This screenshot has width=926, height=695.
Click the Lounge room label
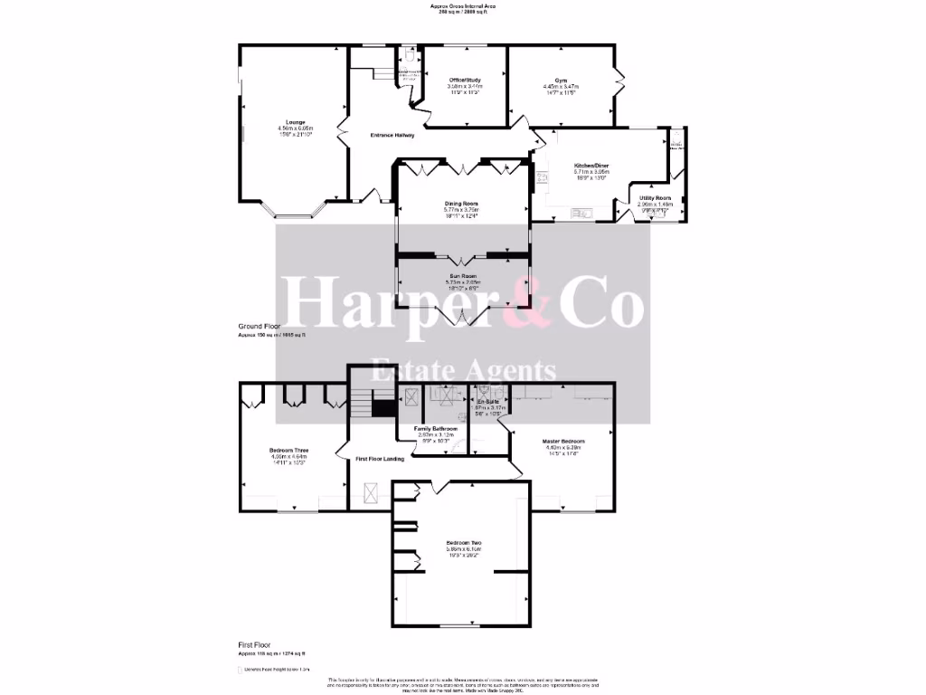click(295, 122)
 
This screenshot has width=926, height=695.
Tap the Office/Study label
click(466, 81)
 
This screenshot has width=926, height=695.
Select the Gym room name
click(562, 81)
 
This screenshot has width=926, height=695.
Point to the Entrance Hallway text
click(393, 136)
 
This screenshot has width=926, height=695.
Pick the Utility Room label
click(655, 197)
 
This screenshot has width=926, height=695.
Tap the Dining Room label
click(461, 204)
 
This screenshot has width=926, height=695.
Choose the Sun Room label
click(461, 275)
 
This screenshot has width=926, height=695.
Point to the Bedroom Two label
click(463, 542)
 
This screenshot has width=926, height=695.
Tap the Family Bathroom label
click(436, 428)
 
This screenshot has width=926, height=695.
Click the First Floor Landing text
click(380, 460)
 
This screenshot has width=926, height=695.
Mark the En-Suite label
click(488, 402)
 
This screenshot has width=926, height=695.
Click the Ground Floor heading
click(262, 326)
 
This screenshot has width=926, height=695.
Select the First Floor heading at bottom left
click(254, 644)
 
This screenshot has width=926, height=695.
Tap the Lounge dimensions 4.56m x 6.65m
click(295, 129)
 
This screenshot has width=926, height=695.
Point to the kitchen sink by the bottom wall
click(580, 214)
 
